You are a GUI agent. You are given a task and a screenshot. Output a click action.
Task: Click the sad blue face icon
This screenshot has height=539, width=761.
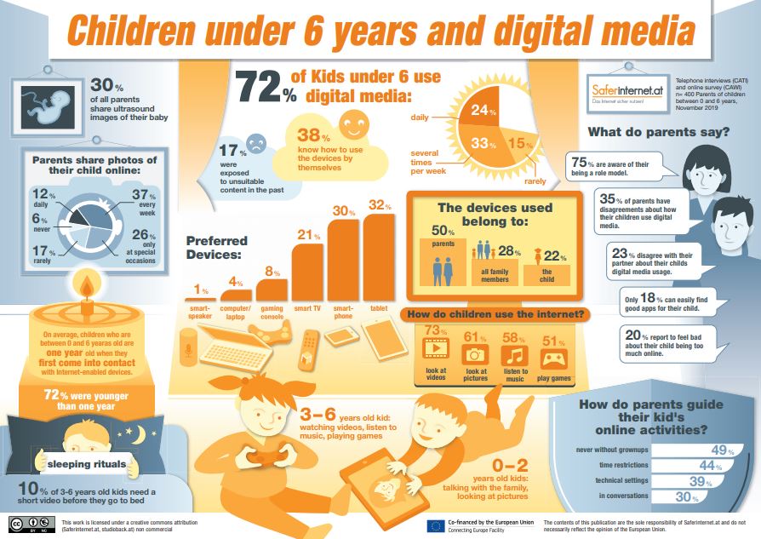(256, 143)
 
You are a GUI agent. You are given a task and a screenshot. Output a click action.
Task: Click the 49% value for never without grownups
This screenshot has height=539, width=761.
(723, 450)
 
